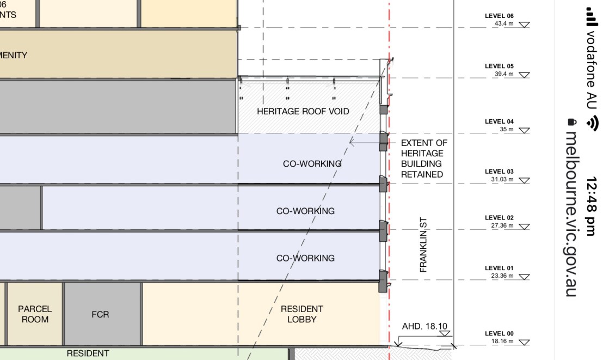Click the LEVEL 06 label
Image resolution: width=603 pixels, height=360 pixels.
[x=499, y=16]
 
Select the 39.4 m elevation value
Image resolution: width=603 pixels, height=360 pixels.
[x=503, y=74]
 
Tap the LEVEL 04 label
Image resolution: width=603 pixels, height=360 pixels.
[x=499, y=122]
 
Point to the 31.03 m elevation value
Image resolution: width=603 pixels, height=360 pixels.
[x=502, y=179]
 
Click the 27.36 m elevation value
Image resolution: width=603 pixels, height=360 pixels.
[x=502, y=225]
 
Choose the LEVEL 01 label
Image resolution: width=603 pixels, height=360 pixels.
[x=499, y=269]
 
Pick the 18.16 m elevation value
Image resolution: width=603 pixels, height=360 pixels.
[x=502, y=341]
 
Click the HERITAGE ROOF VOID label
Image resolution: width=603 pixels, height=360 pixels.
[x=303, y=112]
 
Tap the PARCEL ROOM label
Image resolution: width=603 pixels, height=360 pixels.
[x=35, y=314]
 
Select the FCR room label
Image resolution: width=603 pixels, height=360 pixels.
[x=101, y=315]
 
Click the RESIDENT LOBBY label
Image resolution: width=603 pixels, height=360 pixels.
[x=302, y=314]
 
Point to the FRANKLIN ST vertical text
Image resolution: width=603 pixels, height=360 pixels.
[x=423, y=245]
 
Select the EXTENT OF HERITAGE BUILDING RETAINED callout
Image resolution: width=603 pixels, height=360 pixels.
[x=423, y=158]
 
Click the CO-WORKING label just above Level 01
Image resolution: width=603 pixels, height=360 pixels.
[x=305, y=258]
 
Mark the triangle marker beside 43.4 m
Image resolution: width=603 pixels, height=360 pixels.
[x=524, y=25]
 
